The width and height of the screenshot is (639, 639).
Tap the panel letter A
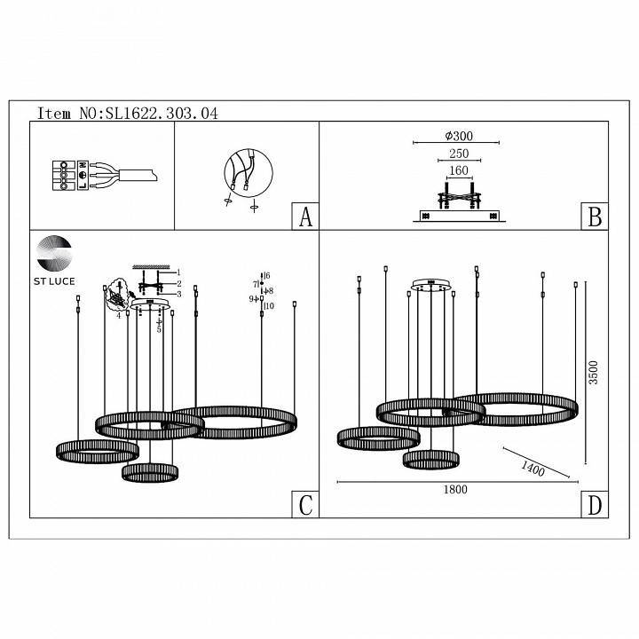(x=305, y=217)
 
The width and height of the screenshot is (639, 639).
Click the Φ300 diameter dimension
(x=457, y=136)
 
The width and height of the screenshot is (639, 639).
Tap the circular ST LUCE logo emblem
(x=55, y=253)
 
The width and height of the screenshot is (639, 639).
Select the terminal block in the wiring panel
(x=65, y=175)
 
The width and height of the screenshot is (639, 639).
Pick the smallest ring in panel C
(x=150, y=472)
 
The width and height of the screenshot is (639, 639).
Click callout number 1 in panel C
(x=178, y=272)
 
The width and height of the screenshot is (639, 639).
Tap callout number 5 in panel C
(x=159, y=329)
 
